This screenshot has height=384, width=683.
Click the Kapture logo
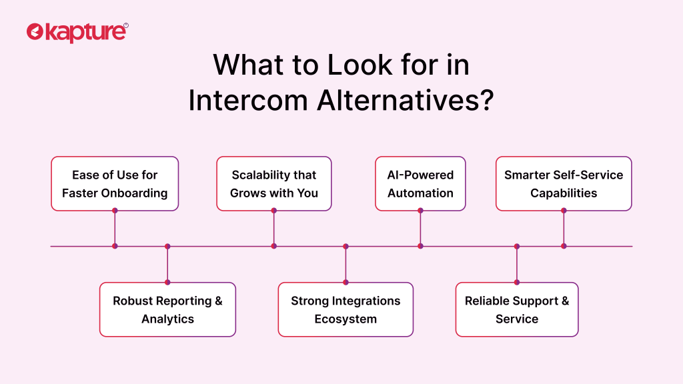77,32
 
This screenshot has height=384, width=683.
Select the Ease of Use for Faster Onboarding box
115,184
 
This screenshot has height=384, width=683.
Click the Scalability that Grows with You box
274,184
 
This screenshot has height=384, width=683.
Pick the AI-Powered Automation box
420,184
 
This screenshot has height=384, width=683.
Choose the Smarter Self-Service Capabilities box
564,184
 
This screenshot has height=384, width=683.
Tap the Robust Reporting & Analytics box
167,309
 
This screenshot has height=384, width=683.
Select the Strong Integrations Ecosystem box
346,309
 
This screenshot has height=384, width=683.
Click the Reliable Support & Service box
517,309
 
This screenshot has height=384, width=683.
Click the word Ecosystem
346,319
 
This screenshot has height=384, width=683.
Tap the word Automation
420,193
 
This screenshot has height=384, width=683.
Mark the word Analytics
167,319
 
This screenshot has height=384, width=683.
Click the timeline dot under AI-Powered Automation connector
420,246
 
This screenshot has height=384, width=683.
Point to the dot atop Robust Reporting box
167,282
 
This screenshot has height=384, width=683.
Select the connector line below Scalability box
274,228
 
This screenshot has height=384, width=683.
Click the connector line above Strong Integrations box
346,264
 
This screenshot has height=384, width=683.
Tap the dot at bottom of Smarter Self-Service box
564,211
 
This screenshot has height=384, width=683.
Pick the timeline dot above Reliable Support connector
517,246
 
